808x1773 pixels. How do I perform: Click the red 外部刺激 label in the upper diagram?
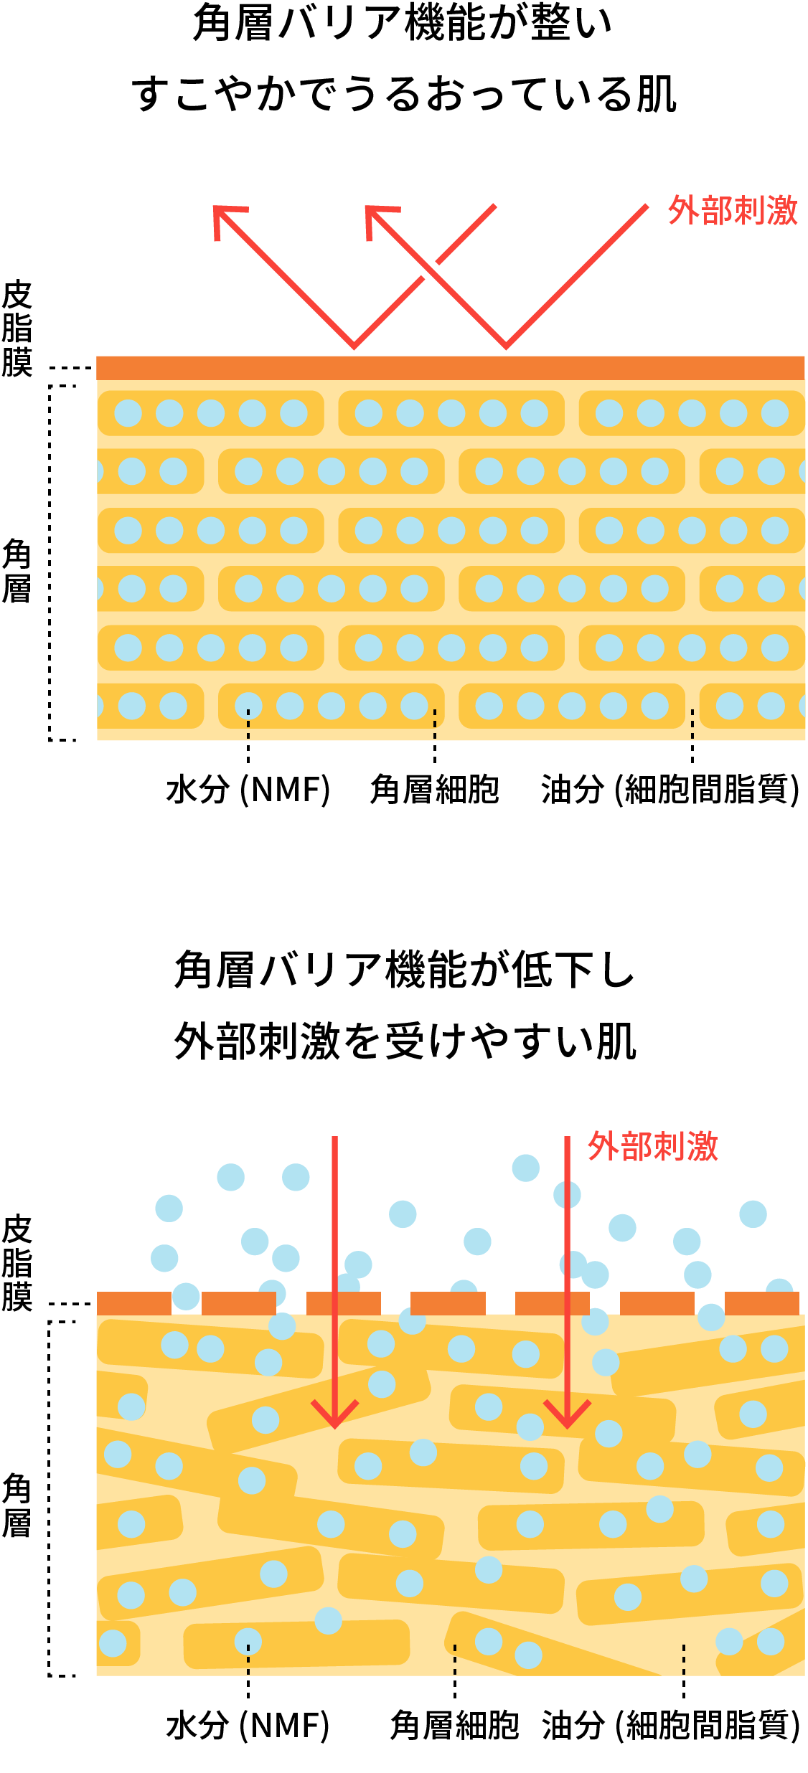click(732, 211)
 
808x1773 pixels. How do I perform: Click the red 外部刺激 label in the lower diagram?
click(652, 1146)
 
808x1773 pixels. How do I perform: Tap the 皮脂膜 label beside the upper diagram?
click(17, 328)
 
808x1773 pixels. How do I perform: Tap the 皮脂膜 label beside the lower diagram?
click(17, 1262)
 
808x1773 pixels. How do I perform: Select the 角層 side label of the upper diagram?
click(17, 572)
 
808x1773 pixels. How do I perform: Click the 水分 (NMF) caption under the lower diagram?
click(248, 1726)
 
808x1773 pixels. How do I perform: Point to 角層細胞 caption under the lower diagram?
click(454, 1726)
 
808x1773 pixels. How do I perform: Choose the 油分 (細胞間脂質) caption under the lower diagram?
click(670, 1726)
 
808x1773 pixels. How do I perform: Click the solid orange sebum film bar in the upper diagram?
click(451, 368)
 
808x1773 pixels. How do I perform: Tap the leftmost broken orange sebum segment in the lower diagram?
click(133, 1303)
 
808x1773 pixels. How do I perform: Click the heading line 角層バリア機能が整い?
click(403, 23)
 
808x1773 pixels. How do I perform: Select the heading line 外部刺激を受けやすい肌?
click(405, 1041)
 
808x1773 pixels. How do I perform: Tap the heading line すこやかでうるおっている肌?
click(404, 95)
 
